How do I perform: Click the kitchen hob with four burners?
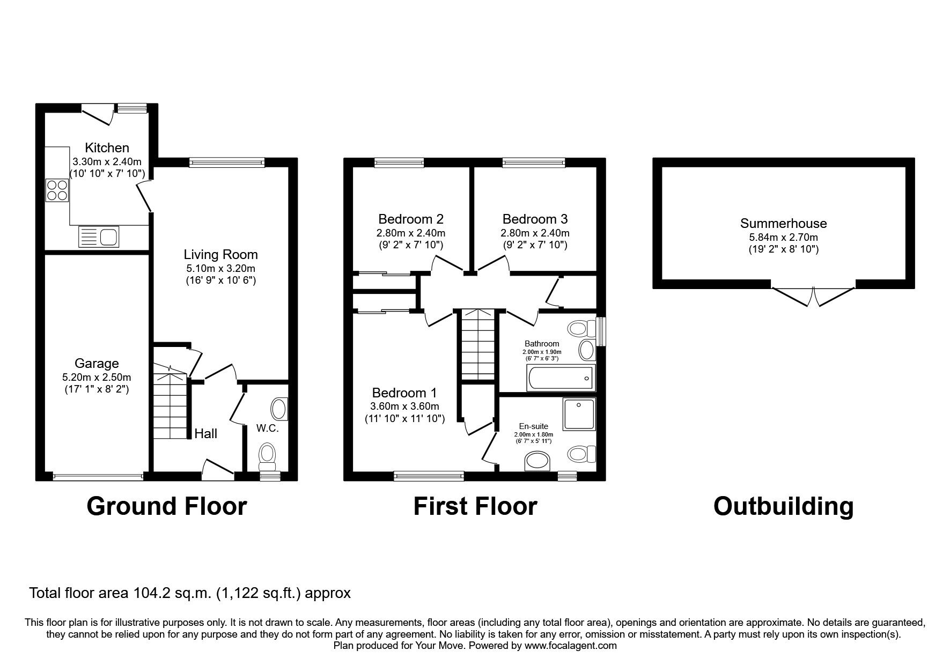tap(57, 189)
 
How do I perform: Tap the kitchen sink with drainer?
tap(99, 237)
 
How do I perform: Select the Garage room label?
tap(97, 364)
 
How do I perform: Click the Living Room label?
tap(220, 255)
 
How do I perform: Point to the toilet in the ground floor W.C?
tap(267, 454)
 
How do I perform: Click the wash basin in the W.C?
tap(280, 409)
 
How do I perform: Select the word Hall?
tap(206, 433)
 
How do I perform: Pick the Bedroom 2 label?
tap(411, 219)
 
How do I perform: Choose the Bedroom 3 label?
tap(535, 219)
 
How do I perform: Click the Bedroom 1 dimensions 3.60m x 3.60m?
tap(404, 407)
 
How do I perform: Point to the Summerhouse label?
tap(784, 223)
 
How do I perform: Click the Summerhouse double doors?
tap(813, 295)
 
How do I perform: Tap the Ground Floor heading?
tap(167, 506)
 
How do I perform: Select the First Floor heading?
tap(475, 506)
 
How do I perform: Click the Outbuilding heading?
tap(783, 506)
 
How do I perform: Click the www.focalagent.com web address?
tap(571, 646)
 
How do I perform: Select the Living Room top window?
tap(227, 162)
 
